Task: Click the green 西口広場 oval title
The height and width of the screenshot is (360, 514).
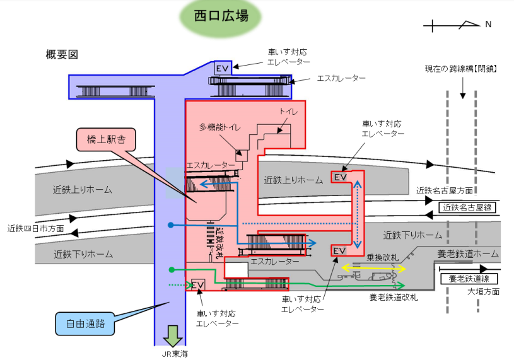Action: pyautogui.click(x=220, y=16)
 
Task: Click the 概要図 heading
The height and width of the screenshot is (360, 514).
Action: pyautogui.click(x=62, y=55)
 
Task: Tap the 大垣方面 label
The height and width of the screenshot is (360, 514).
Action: pyautogui.click(x=484, y=292)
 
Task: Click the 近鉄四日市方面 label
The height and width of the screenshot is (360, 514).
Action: pyautogui.click(x=36, y=228)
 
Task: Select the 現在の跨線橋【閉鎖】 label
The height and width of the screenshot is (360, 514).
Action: pyautogui.click(x=461, y=68)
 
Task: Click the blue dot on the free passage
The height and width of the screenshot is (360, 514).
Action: pyautogui.click(x=171, y=224)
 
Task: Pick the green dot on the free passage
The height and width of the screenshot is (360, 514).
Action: pyautogui.click(x=171, y=270)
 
